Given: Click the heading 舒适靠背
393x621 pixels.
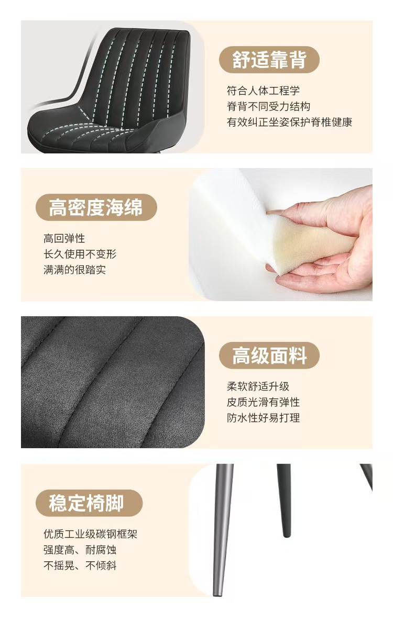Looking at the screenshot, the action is click(x=269, y=60).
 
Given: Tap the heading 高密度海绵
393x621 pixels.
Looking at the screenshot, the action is click(x=95, y=207).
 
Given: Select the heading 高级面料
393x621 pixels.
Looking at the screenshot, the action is click(x=269, y=355).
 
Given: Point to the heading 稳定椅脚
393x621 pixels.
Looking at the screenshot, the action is click(x=86, y=503).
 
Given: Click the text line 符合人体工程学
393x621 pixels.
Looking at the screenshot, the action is click(x=263, y=91).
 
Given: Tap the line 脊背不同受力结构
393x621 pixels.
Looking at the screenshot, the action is click(x=268, y=106).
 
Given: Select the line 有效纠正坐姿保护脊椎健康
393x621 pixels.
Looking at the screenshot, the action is click(x=289, y=122).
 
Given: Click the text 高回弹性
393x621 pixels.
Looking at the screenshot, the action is click(x=64, y=238).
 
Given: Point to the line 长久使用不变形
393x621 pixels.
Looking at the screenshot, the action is click(x=80, y=254).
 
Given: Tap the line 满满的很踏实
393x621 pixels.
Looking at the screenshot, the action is click(x=74, y=270).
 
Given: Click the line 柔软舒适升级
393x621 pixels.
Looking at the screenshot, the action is click(x=258, y=386).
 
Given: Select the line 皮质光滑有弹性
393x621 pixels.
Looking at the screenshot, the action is click(x=263, y=402).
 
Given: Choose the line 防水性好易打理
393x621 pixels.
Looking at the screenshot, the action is click(x=263, y=417).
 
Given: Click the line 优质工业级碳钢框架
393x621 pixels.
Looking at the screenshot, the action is click(x=90, y=534).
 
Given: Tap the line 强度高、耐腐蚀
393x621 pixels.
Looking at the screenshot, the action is click(x=80, y=550).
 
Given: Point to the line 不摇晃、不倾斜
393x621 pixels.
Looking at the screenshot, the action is click(x=80, y=565).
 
